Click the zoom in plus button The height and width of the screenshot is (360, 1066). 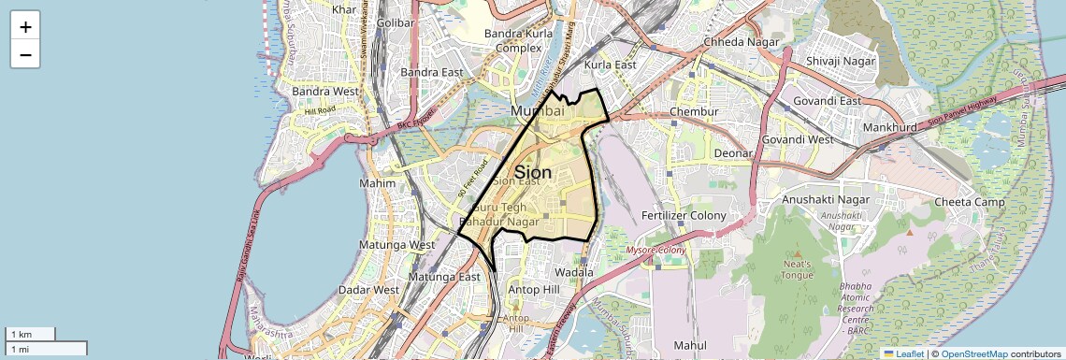tap(25, 27)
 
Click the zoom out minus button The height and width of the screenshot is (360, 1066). tap(25, 54)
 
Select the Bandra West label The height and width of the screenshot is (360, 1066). tap(325, 92)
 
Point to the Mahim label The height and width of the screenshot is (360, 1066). tap(378, 183)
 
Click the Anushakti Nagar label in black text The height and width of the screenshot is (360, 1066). tap(821, 199)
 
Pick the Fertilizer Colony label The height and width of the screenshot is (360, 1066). tap(684, 215)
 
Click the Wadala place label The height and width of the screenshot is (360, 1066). tap(574, 272)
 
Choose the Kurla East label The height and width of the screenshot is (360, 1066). tap(610, 65)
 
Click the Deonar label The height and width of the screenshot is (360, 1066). tap(733, 152)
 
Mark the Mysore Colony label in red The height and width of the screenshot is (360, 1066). tap(656, 251)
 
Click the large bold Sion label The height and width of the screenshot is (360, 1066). tap(532, 172)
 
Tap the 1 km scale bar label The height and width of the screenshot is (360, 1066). tap(21, 334)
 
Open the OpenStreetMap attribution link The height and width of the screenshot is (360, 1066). tap(973, 353)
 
